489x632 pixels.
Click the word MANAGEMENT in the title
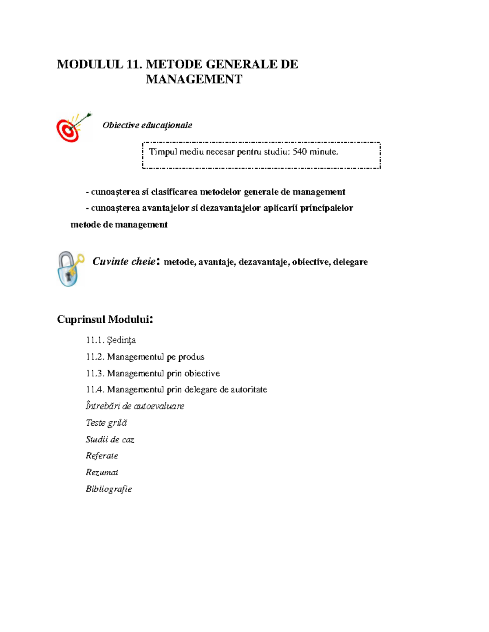point(194,79)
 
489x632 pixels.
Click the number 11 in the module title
point(134,64)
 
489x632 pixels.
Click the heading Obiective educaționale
point(147,125)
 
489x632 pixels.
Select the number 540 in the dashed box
point(300,152)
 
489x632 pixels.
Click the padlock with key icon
point(70,269)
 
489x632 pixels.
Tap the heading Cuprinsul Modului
point(105,319)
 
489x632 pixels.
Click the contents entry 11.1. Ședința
point(111,340)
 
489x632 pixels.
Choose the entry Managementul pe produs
point(145,357)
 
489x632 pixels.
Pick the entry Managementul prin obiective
point(153,374)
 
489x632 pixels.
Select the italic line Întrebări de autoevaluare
point(135,406)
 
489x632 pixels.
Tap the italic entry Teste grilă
point(106,423)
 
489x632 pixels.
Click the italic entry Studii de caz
point(110,440)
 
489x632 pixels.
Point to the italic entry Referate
point(102,456)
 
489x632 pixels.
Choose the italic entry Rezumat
point(102,472)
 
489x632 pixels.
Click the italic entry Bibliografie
point(109,489)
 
